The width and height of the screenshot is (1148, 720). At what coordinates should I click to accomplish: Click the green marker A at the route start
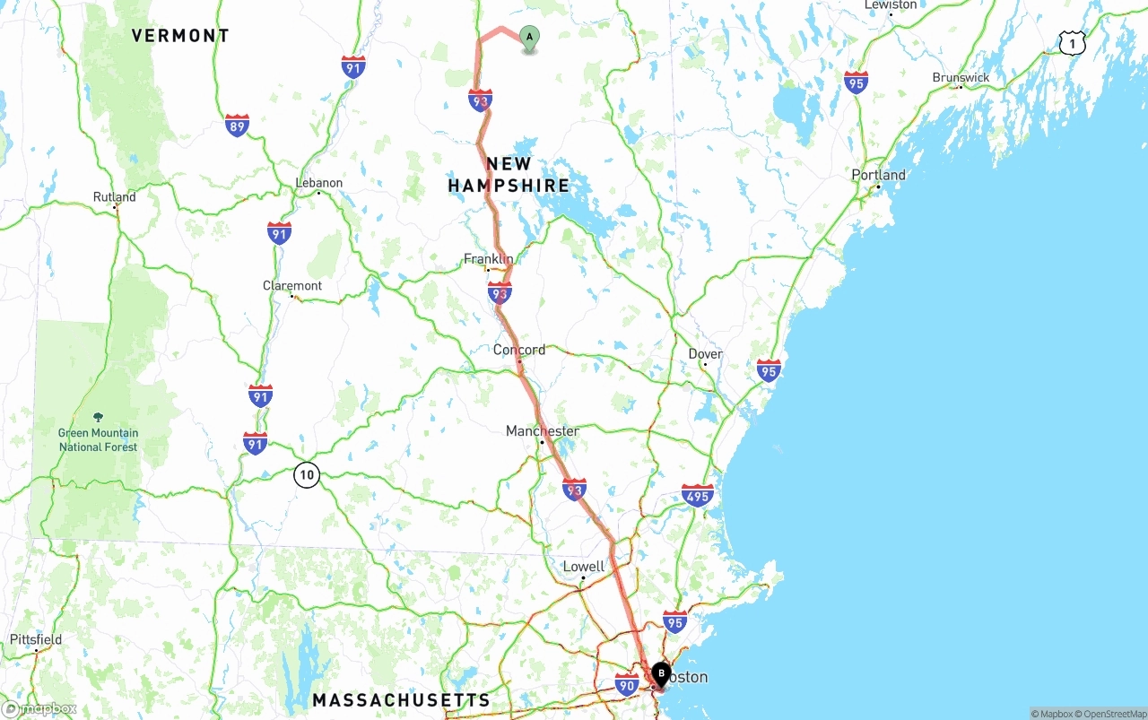pos(529,38)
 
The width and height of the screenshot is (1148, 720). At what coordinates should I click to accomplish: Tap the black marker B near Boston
pos(661,673)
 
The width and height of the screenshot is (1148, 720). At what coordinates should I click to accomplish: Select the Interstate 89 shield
pos(237,126)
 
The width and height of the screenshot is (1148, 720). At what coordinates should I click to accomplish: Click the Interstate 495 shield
pos(697,495)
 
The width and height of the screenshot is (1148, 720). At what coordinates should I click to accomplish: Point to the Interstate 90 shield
pos(627,686)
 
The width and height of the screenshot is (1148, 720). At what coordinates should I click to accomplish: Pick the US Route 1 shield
pos(1072,42)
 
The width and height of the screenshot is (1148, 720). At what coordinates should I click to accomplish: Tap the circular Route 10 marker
pos(307,475)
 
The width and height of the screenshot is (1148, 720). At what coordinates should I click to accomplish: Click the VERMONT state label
pos(180,36)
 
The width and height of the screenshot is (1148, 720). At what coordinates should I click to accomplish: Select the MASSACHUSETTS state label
pos(401,700)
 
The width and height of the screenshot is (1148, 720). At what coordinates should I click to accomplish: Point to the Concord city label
pos(519,350)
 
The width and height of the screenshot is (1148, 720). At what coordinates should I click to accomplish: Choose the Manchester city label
pos(543,431)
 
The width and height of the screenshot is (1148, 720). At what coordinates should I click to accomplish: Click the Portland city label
pos(879,175)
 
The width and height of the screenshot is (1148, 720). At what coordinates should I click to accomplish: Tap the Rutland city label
pos(115,197)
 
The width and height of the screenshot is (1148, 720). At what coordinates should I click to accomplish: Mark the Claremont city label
pos(292,286)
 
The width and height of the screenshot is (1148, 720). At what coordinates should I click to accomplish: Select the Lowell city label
pos(584,567)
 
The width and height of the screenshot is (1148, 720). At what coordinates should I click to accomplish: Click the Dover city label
pos(705,354)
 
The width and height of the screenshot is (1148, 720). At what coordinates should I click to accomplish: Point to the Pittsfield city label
pos(36,639)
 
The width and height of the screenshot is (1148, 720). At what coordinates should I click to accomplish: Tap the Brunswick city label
pos(961,78)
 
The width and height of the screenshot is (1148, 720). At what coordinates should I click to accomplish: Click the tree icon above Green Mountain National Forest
pos(98,418)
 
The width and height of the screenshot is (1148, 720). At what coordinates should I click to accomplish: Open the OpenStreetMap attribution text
pos(1109,714)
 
